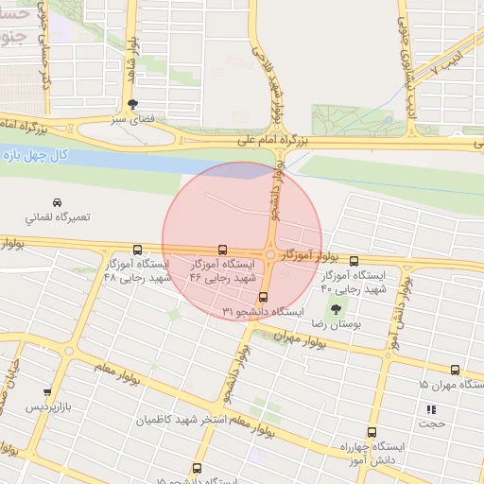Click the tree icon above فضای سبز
pos(131,105)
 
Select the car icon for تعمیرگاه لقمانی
pos(58,202)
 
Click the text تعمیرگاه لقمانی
pos(58,217)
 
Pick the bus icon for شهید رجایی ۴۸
pos(138,251)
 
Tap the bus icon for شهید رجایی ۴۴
pos(222,251)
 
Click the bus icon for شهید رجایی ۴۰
pos(354,261)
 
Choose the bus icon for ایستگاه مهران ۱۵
pos(455,371)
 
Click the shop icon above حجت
pos(432,409)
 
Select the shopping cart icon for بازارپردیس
pos(47,391)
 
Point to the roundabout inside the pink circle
pos(271,254)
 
